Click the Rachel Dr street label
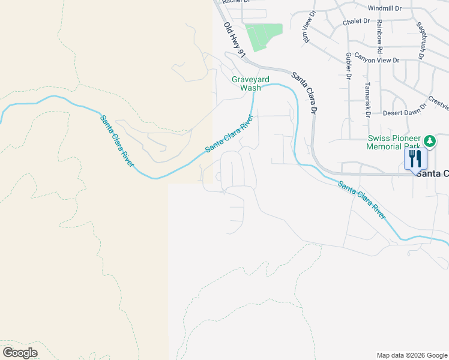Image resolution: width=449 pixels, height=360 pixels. pyautogui.click(x=235, y=2)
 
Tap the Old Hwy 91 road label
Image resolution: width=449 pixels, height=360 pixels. pyautogui.click(x=235, y=40)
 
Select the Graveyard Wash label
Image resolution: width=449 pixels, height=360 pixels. pyautogui.click(x=250, y=83)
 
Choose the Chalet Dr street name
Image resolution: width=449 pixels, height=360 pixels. pyautogui.click(x=356, y=21)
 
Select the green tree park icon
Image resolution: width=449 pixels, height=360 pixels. pyautogui.click(x=430, y=141)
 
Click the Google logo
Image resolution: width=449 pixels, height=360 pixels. pyautogui.click(x=20, y=352)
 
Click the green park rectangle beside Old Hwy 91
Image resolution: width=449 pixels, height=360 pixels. pyautogui.click(x=264, y=37)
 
